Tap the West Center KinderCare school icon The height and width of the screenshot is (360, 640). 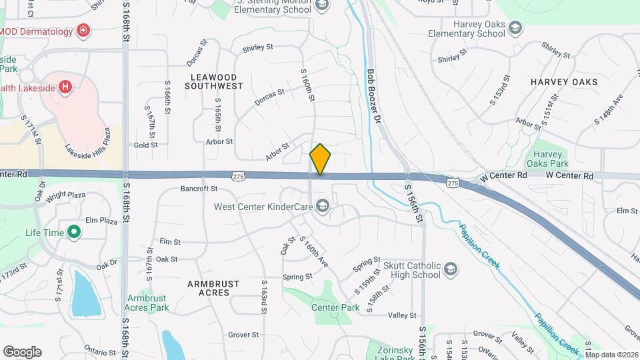coord(323,206)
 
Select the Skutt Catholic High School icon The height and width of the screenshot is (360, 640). coord(451,269)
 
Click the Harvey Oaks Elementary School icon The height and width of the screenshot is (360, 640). coord(515,28)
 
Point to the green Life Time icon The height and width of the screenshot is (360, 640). coord(74,233)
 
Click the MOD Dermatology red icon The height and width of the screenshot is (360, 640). coord(83,30)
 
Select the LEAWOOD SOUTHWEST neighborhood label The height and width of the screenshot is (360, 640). coord(213,82)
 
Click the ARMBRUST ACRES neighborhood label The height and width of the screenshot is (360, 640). coord(213,288)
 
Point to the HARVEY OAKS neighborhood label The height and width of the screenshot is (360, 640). coord(564,81)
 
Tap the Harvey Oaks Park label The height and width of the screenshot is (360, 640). coord(547,158)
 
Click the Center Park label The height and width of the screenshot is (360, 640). coord(335,307)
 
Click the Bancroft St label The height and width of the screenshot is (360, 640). coord(199,189)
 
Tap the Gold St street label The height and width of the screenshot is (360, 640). coord(145,145)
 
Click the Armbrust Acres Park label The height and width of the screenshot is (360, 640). coord(147,303)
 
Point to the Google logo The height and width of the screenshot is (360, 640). coord(22,352)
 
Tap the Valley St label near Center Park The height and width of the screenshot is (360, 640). coord(402,315)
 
